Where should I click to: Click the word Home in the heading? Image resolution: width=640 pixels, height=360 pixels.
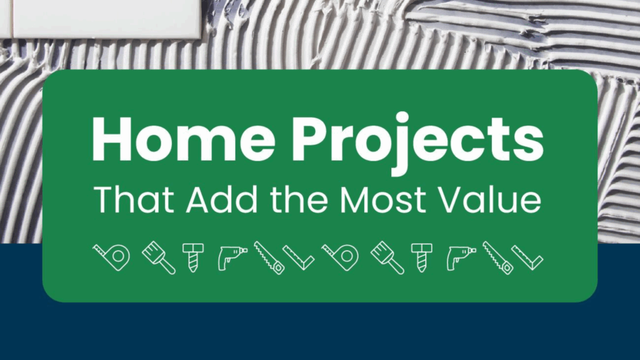pyautogui.click(x=184, y=139)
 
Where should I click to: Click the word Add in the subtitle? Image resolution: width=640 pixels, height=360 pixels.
pyautogui.click(x=222, y=199)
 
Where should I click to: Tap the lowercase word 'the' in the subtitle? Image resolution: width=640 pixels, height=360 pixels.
pyautogui.click(x=299, y=199)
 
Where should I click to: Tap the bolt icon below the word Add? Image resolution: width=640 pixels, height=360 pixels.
pyautogui.click(x=193, y=257)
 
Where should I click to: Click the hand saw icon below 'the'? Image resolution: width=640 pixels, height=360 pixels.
pyautogui.click(x=269, y=257)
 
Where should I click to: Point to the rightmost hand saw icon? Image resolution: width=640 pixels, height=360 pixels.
pyautogui.click(x=498, y=257)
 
